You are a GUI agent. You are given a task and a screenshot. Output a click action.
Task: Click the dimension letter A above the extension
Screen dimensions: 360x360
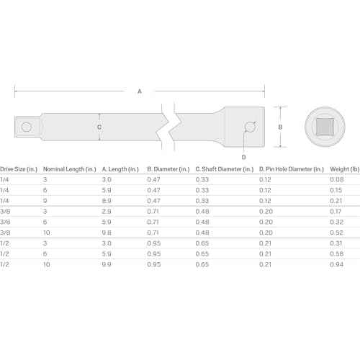[140, 91]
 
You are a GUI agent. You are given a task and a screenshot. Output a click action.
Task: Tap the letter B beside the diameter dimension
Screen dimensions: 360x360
[280, 127]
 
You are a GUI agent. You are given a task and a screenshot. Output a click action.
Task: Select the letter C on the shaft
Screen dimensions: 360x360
[99, 127]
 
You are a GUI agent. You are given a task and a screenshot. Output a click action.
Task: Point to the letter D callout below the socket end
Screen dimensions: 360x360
[243, 157]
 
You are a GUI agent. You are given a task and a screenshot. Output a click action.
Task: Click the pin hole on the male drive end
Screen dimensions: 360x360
[26, 127]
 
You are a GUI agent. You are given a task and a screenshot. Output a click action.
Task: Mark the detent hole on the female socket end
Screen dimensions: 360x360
[250, 127]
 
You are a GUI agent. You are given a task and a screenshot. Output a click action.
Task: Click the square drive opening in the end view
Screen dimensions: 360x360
[325, 127]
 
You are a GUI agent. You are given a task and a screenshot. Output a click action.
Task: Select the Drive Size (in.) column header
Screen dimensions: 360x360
[19, 169]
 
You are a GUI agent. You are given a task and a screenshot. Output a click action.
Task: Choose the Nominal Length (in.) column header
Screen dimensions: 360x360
[70, 169]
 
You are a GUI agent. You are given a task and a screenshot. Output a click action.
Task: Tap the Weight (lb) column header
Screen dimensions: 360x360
[345, 169]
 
